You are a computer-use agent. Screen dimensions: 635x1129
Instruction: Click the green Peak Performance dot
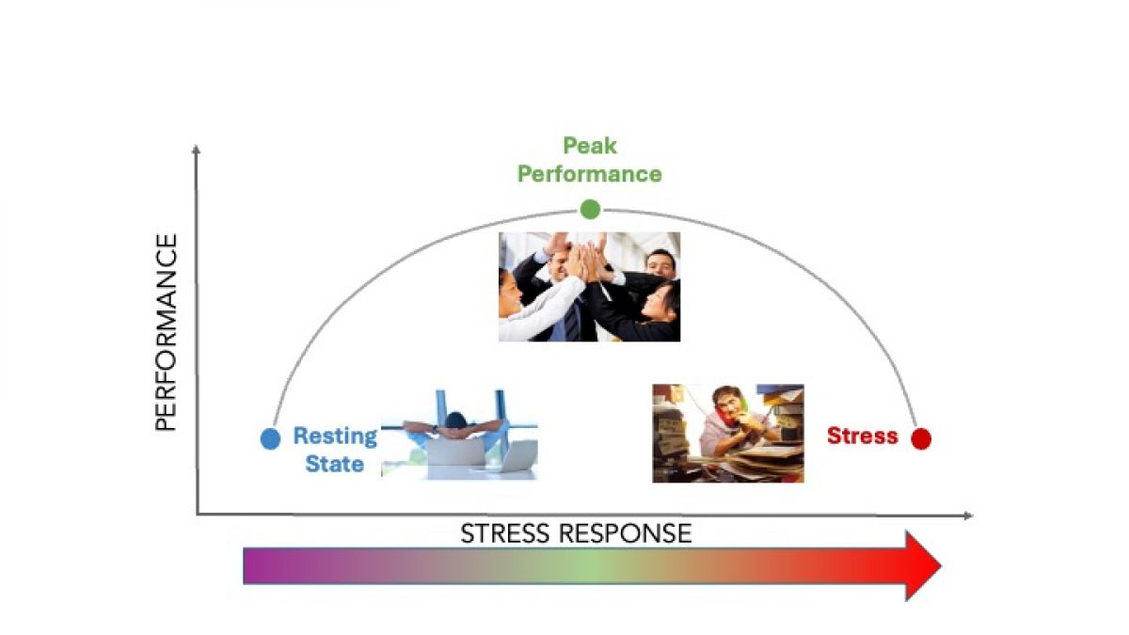pyautogui.click(x=590, y=209)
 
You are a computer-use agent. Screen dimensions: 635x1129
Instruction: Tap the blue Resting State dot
pyautogui.click(x=270, y=438)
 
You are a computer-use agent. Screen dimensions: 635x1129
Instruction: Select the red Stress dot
pyautogui.click(x=921, y=438)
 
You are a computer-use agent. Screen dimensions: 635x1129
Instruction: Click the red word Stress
pyautogui.click(x=862, y=437)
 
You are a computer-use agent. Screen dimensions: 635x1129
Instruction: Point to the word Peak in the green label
pyautogui.click(x=590, y=146)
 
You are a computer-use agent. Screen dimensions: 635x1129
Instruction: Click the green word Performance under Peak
pyautogui.click(x=590, y=174)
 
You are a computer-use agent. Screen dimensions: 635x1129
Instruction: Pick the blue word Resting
pyautogui.click(x=335, y=437)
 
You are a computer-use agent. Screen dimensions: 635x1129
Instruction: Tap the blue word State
pyautogui.click(x=335, y=464)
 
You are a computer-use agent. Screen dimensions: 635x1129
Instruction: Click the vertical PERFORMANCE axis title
pyautogui.click(x=166, y=333)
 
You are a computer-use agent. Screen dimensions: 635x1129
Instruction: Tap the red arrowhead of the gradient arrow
pyautogui.click(x=922, y=565)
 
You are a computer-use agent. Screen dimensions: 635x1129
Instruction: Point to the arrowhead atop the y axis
pyautogui.click(x=196, y=150)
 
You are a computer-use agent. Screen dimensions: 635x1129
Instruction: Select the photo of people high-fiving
pyautogui.click(x=589, y=286)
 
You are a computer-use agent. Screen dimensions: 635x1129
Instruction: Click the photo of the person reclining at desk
pyautogui.click(x=459, y=434)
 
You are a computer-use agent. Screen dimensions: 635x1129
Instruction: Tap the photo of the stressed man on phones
pyautogui.click(x=727, y=433)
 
